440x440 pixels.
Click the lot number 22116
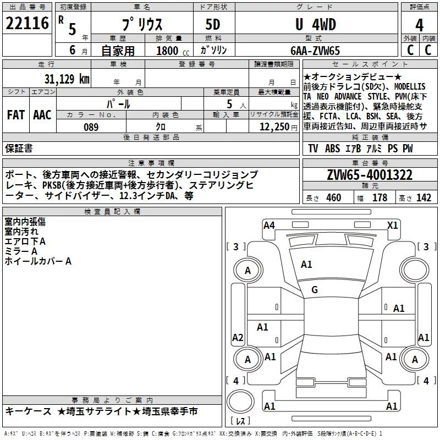(x=27, y=23)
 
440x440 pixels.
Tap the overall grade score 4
(x=419, y=25)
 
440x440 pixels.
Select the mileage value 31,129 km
(x=67, y=79)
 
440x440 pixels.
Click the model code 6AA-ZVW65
(x=315, y=51)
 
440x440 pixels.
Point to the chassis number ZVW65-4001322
(x=370, y=175)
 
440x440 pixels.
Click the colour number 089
(x=91, y=127)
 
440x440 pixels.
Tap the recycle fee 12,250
(x=274, y=127)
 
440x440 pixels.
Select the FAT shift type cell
(x=16, y=115)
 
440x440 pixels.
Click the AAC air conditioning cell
(x=42, y=115)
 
